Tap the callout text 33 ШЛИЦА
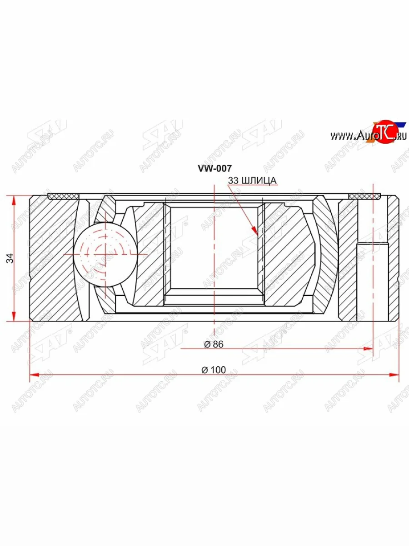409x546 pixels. pos(252,181)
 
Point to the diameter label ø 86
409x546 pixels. pos(213,344)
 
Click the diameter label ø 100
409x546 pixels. pos(213,370)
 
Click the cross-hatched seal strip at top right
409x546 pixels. pos(364,196)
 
